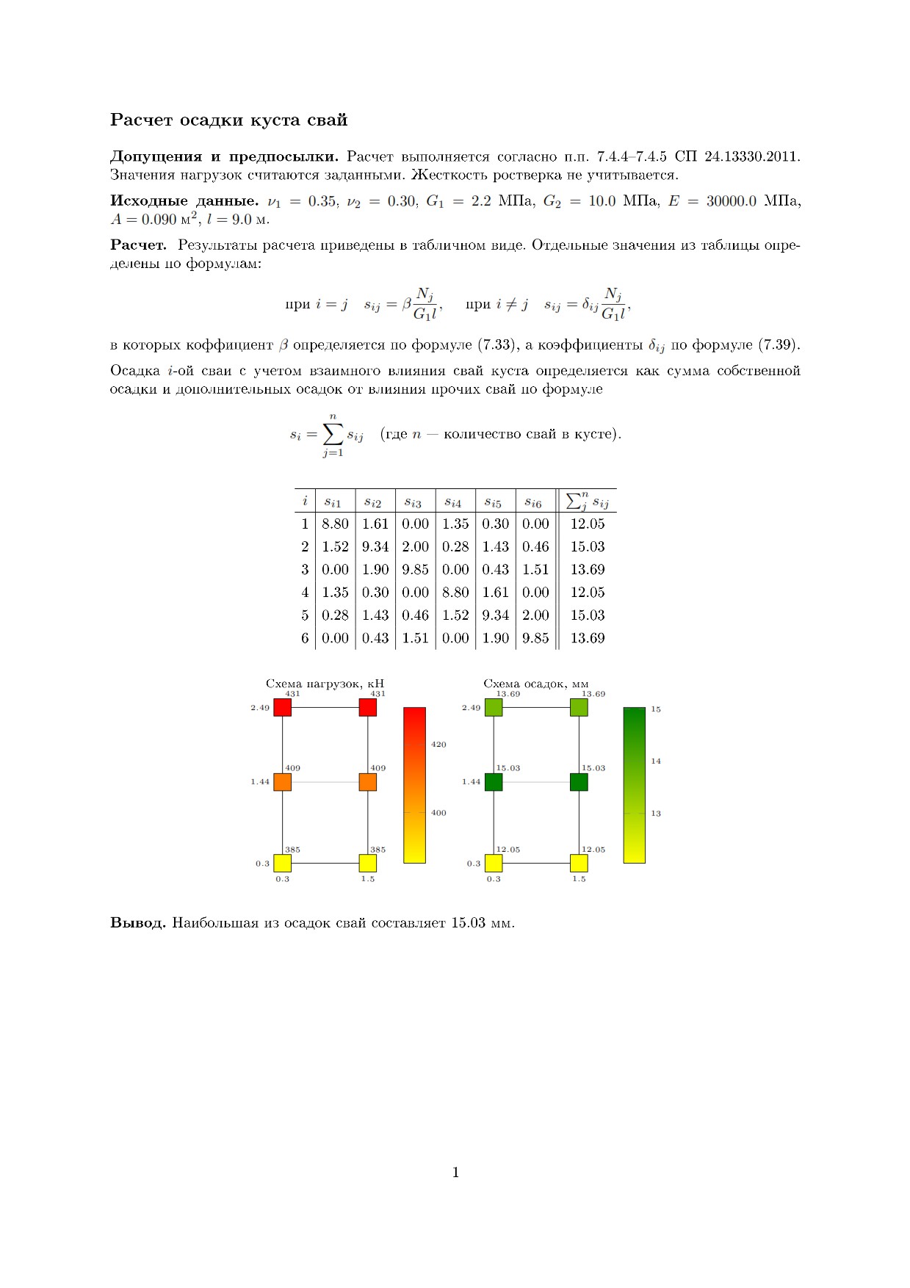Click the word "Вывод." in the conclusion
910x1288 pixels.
point(138,923)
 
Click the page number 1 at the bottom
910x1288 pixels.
point(455,1173)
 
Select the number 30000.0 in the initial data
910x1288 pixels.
point(731,201)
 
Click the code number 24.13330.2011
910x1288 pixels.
point(752,156)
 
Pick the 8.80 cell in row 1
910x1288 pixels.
point(335,524)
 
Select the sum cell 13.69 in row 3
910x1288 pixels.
point(588,569)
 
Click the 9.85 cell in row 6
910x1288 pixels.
point(535,638)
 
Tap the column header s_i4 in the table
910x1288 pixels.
point(452,502)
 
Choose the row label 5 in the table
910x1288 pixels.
point(305,615)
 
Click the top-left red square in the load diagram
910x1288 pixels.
point(283,707)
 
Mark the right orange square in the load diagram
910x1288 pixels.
point(368,782)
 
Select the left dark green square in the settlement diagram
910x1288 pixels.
point(494,782)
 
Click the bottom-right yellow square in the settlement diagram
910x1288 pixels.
point(579,863)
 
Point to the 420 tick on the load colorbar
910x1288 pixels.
point(438,745)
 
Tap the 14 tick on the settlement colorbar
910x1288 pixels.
point(656,761)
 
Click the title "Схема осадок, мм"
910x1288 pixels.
point(535,684)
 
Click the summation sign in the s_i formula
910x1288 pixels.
point(333,435)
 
